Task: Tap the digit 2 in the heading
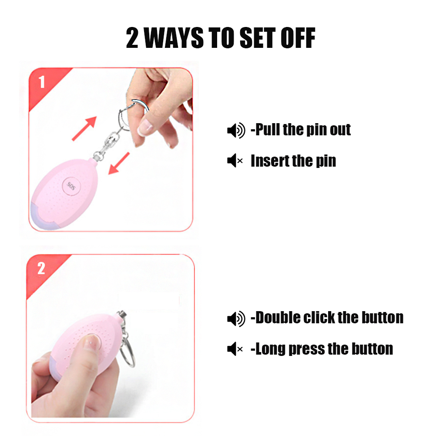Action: point(132,38)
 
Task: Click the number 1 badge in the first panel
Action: point(42,82)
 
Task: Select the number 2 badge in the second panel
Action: point(41,268)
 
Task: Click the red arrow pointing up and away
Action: point(84,128)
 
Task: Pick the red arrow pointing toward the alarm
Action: point(119,164)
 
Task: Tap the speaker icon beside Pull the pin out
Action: point(236,130)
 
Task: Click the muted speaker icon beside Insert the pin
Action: point(235,161)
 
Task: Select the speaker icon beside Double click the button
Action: point(236,319)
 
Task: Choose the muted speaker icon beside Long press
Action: point(235,349)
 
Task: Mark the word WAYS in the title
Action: point(174,38)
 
